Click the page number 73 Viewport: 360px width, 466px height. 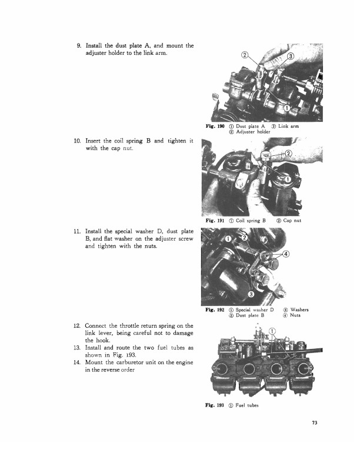click(x=315, y=423)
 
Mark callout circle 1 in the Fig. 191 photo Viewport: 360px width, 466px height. click(x=287, y=179)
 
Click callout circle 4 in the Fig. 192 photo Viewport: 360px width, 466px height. click(x=286, y=254)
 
